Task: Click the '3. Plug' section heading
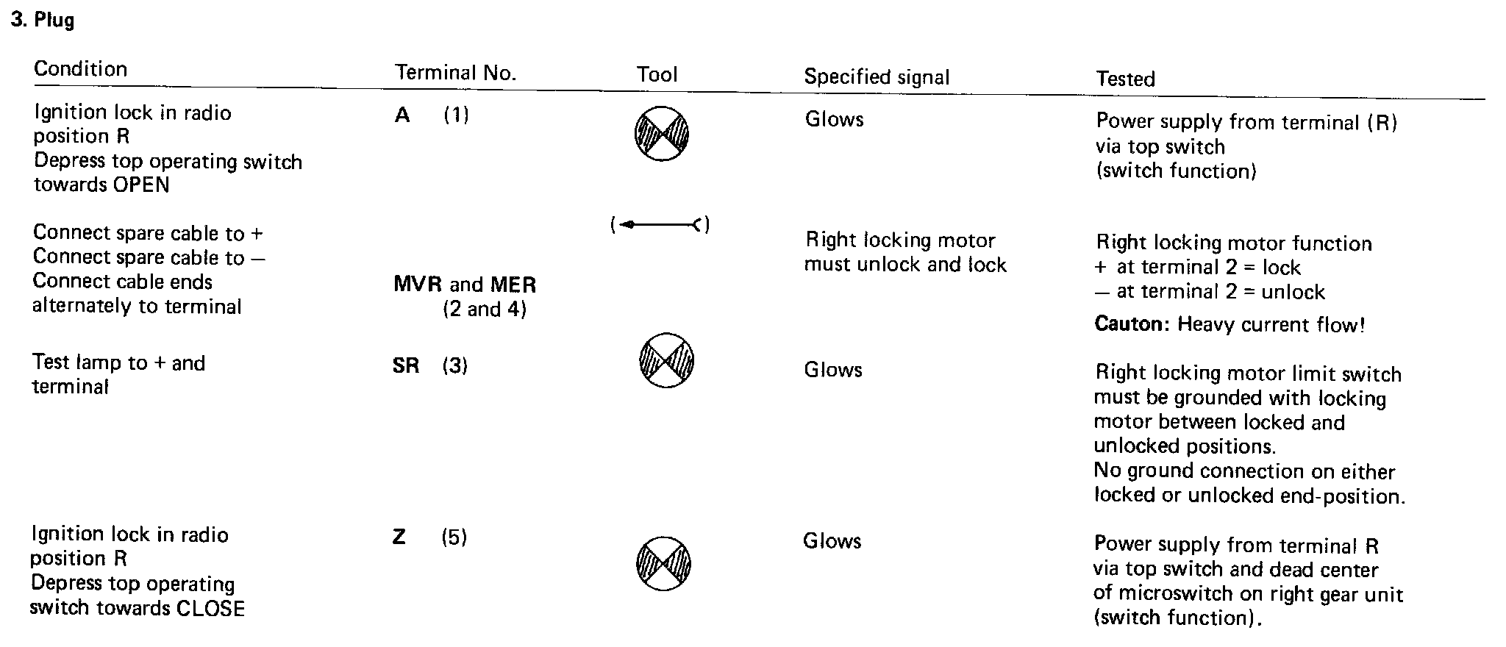tap(43, 20)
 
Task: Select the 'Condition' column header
tap(81, 69)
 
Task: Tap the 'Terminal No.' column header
tap(456, 73)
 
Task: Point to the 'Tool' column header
tap(657, 74)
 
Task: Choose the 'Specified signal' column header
tap(877, 77)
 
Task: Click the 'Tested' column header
tap(1125, 79)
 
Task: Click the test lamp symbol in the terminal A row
tap(661, 134)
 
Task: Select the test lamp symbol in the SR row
tap(665, 360)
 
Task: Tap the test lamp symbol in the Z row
tap(663, 564)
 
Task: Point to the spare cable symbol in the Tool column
tap(660, 225)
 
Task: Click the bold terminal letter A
tap(402, 115)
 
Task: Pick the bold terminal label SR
tap(406, 365)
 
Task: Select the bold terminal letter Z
tap(399, 537)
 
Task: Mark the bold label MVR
tap(418, 285)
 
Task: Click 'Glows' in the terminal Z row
tap(832, 541)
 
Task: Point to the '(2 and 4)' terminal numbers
tap(485, 310)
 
